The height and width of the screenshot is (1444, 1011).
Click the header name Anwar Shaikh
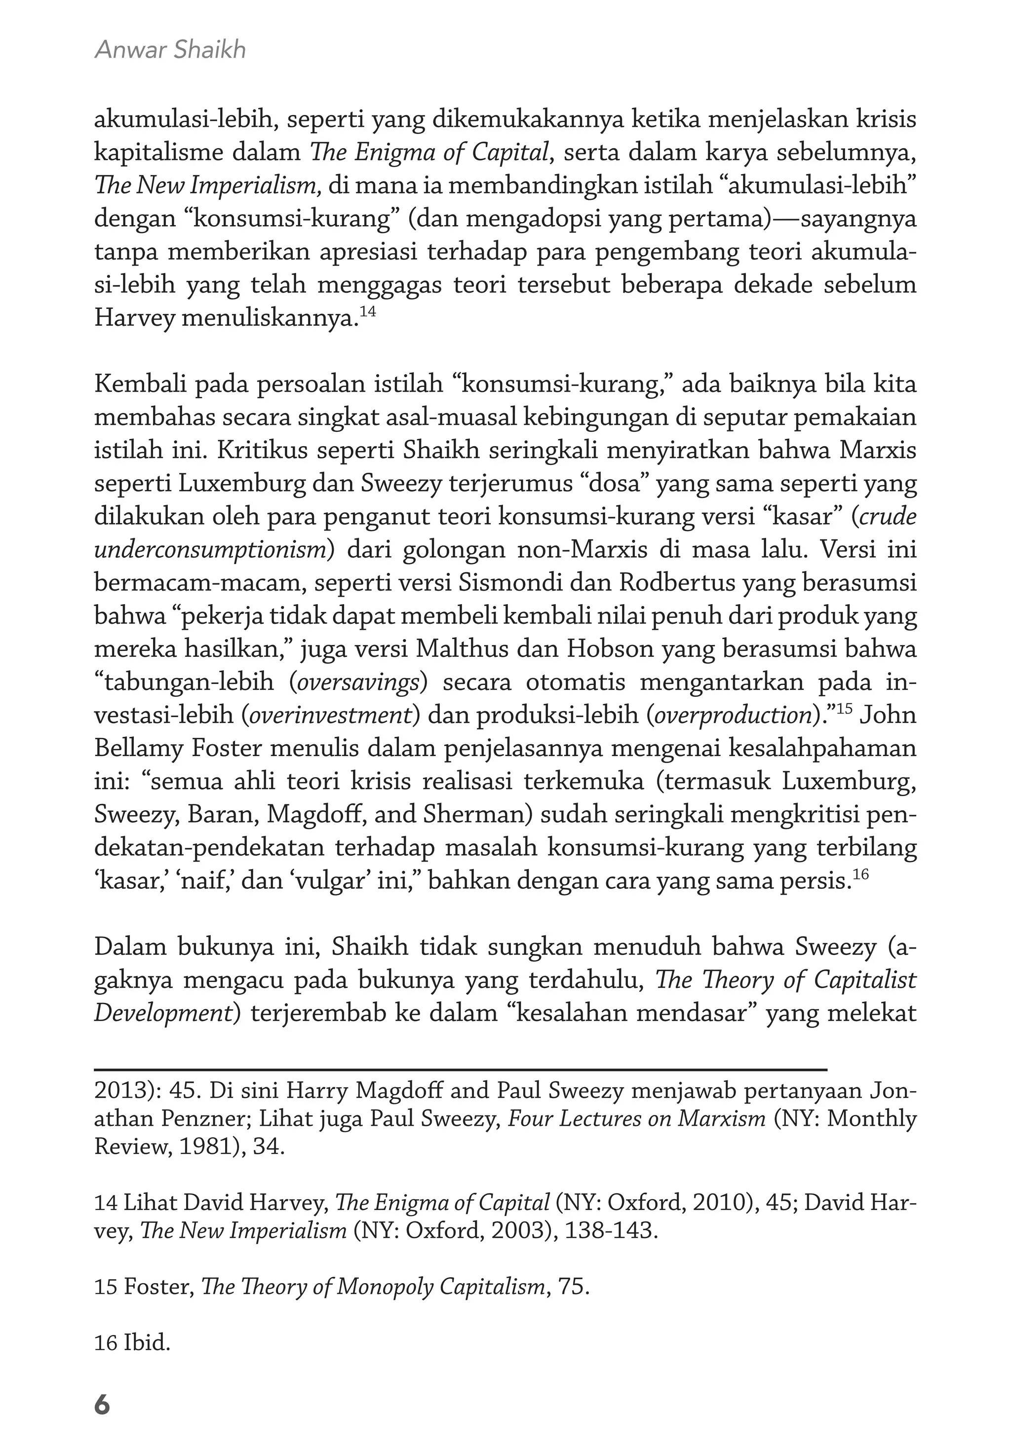pos(170,50)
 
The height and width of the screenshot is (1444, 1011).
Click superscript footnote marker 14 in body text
pos(368,311)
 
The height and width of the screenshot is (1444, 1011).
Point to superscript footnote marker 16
pos(860,874)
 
